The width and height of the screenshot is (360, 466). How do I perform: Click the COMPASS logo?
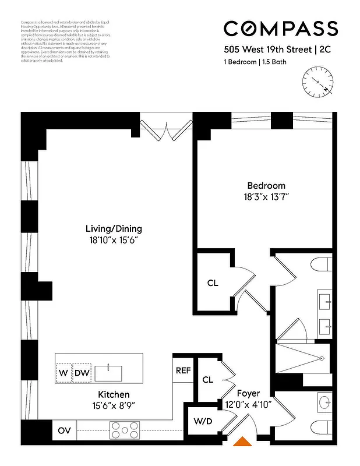(x=281, y=28)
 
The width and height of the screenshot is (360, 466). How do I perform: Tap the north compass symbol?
(x=318, y=82)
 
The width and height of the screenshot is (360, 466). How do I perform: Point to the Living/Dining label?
(x=114, y=228)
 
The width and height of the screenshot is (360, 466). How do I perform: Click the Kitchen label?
(x=114, y=394)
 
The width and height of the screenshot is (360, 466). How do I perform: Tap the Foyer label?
(x=248, y=394)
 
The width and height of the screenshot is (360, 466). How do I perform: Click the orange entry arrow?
(x=242, y=444)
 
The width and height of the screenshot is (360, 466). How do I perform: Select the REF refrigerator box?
(x=182, y=370)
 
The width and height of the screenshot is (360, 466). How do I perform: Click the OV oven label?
(x=64, y=431)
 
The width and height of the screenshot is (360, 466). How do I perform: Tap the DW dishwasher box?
(x=82, y=373)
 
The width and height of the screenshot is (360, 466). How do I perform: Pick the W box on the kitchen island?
(x=63, y=373)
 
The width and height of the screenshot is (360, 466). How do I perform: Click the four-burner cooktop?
(x=123, y=431)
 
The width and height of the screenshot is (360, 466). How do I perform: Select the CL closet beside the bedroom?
(x=213, y=283)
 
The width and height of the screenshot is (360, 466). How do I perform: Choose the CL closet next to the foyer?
(x=207, y=380)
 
